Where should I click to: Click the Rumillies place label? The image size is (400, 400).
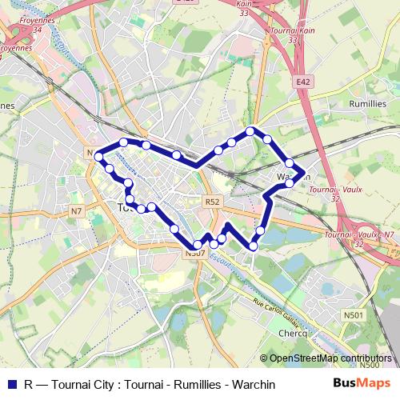(x=370, y=104)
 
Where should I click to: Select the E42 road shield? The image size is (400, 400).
(x=302, y=82)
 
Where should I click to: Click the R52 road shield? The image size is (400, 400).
(x=211, y=202)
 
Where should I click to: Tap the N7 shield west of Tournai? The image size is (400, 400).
(x=76, y=211)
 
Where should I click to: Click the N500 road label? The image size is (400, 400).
(x=369, y=365)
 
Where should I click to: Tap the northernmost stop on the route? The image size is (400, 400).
(x=250, y=130)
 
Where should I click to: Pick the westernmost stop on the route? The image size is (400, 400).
(x=99, y=158)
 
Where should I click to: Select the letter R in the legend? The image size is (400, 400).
(x=29, y=385)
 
